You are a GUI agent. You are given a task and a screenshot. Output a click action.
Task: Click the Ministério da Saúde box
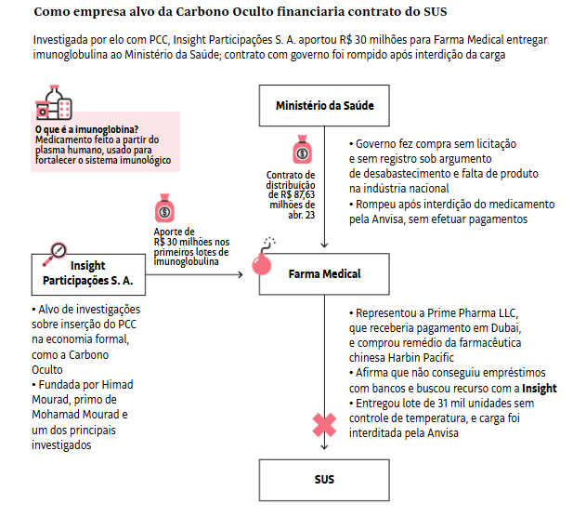click(324, 105)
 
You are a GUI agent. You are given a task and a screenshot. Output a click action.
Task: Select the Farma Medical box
click(324, 274)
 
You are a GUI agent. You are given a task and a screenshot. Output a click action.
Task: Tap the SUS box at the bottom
click(324, 479)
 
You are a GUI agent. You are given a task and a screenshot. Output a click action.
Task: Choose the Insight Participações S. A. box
click(88, 273)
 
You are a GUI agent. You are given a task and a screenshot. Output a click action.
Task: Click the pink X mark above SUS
click(323, 426)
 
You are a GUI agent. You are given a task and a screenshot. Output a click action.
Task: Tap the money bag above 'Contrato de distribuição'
click(304, 152)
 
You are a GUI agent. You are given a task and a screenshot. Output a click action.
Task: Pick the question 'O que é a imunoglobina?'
click(85, 130)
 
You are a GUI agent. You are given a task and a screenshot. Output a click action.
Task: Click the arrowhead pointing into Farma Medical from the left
click(241, 274)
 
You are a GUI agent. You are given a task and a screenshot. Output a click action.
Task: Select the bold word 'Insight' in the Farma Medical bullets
click(540, 388)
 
